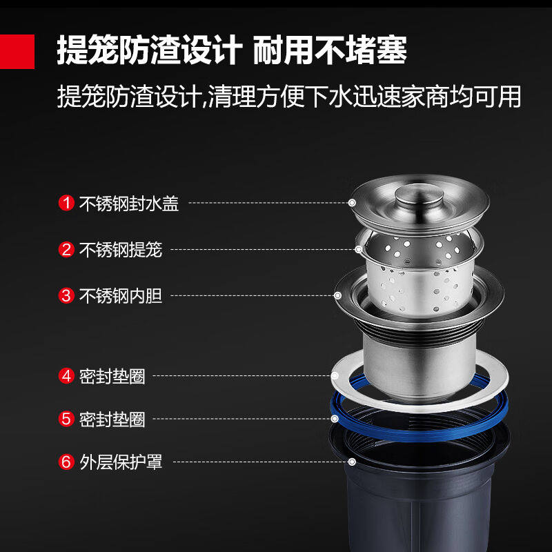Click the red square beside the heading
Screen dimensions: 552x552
tap(17, 50)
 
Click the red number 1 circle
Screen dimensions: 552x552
tap(67, 204)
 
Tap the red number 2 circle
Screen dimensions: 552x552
tap(67, 250)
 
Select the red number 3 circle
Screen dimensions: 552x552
tap(67, 296)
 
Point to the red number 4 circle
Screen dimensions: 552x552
tap(67, 376)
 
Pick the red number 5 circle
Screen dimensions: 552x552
tap(67, 419)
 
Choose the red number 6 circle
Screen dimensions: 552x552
tap(67, 462)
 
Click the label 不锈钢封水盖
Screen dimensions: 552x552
tap(129, 204)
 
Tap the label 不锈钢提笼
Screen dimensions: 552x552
tap(121, 250)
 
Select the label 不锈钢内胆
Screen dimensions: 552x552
tap(121, 296)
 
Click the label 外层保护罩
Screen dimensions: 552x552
tap(121, 462)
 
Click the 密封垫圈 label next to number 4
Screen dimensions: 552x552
tap(112, 376)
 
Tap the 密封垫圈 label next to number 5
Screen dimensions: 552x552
tap(112, 419)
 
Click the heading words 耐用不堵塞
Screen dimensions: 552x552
tap(330, 50)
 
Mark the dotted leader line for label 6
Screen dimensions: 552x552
tap(262, 462)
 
